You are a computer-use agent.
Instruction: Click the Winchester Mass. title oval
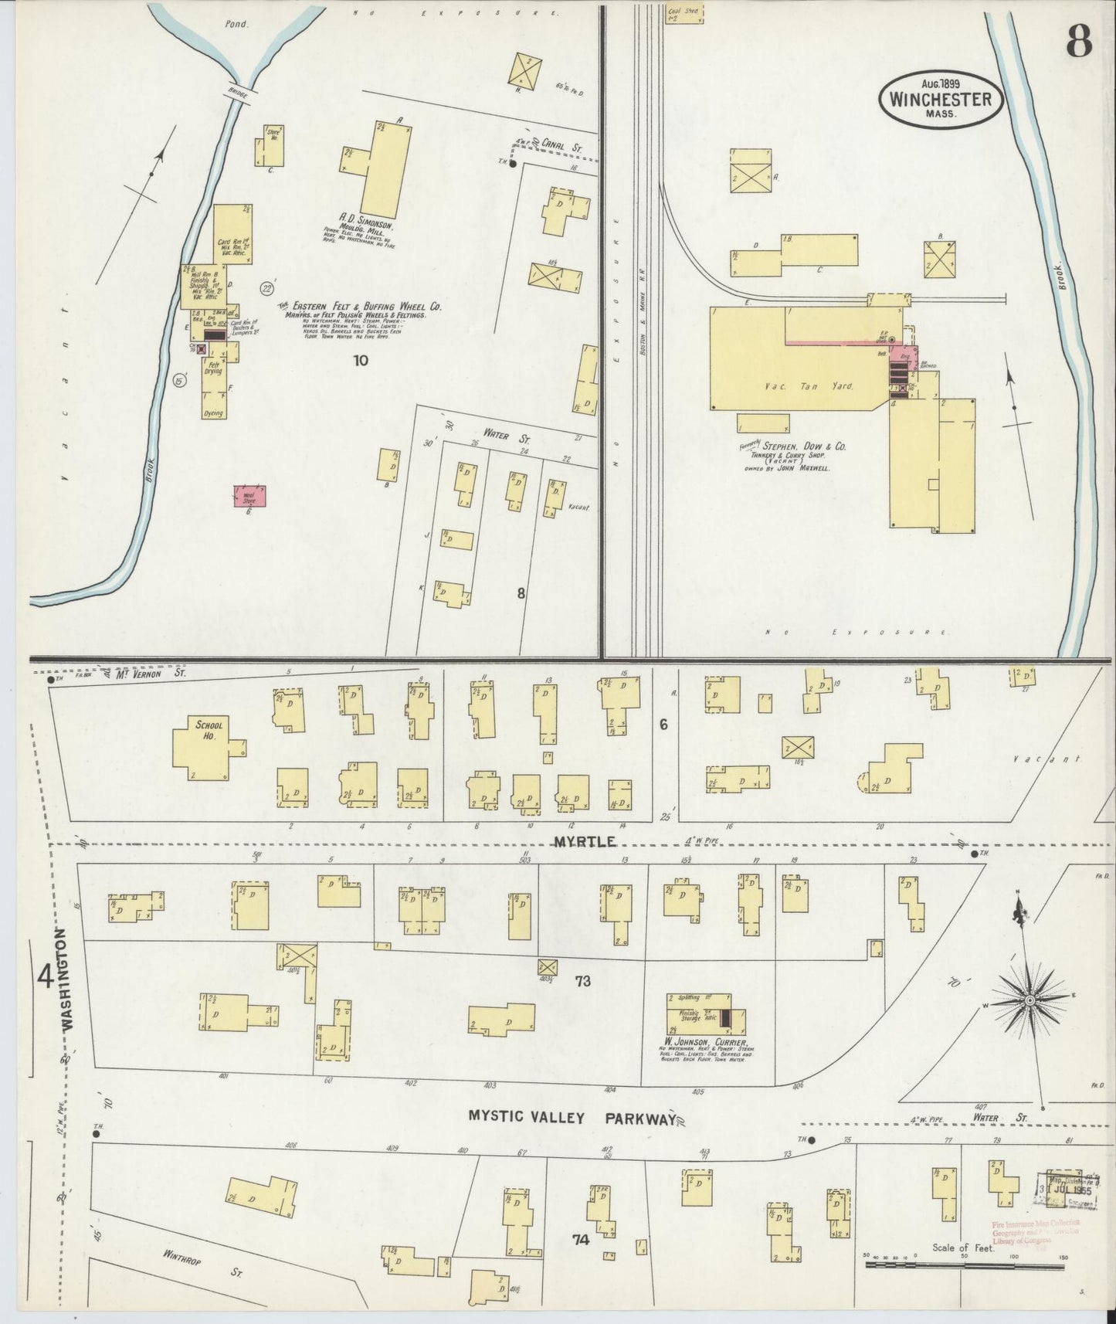click(x=940, y=97)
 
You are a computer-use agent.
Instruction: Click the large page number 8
click(x=1078, y=43)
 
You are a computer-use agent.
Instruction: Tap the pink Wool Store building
click(x=249, y=497)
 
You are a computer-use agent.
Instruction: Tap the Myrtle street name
click(x=585, y=840)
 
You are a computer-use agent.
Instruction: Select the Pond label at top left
click(x=237, y=24)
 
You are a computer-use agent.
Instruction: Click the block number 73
click(x=582, y=981)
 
